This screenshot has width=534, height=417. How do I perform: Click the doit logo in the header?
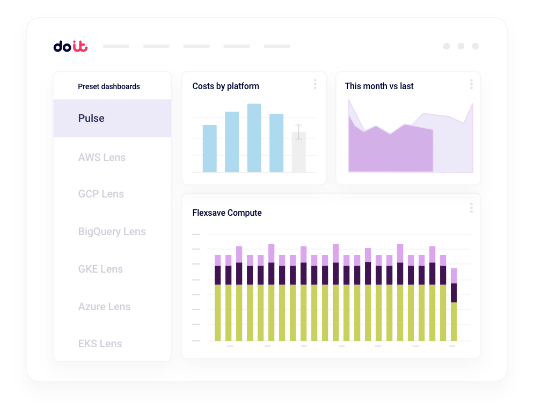click(x=70, y=47)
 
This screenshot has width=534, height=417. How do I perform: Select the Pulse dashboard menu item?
click(x=91, y=118)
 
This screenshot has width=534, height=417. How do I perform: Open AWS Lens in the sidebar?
click(x=102, y=157)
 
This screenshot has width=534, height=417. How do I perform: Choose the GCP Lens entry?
click(x=101, y=194)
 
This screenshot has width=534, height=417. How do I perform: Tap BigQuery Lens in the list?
click(x=112, y=231)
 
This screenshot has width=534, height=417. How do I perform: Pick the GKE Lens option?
click(x=100, y=269)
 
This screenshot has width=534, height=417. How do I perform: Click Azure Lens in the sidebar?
click(x=104, y=306)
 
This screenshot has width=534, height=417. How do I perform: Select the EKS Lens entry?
click(x=100, y=343)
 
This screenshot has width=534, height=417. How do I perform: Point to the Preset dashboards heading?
click(x=109, y=86)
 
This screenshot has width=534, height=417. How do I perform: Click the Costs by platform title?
click(x=225, y=86)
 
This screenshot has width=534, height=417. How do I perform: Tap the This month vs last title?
click(x=379, y=86)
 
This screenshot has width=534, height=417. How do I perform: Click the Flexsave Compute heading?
click(x=227, y=213)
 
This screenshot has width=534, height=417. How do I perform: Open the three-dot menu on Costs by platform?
click(x=315, y=84)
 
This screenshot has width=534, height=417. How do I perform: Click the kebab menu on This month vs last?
click(x=471, y=84)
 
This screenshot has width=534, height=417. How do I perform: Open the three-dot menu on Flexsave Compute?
click(x=471, y=208)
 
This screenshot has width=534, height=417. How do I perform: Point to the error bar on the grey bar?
click(x=298, y=132)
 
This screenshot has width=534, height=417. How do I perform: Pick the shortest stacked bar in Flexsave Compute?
click(x=453, y=306)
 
